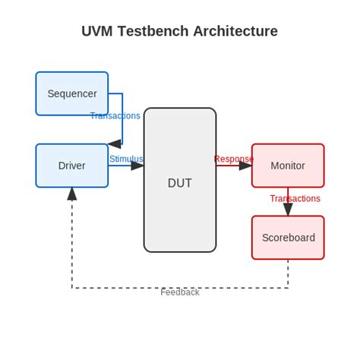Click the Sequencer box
click(x=72, y=93)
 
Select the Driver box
click(x=72, y=166)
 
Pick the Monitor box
click(x=288, y=166)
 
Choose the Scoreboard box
click(x=288, y=238)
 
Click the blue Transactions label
click(x=115, y=116)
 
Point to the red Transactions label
click(x=295, y=199)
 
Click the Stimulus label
click(x=126, y=159)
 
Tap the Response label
click(x=233, y=159)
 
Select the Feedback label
click(x=180, y=292)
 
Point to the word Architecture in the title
click(x=235, y=31)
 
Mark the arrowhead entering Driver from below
click(x=72, y=194)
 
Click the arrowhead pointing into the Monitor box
click(x=245, y=166)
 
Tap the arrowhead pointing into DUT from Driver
click(x=137, y=166)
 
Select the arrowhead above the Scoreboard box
click(x=288, y=210)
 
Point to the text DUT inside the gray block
click(x=180, y=183)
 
